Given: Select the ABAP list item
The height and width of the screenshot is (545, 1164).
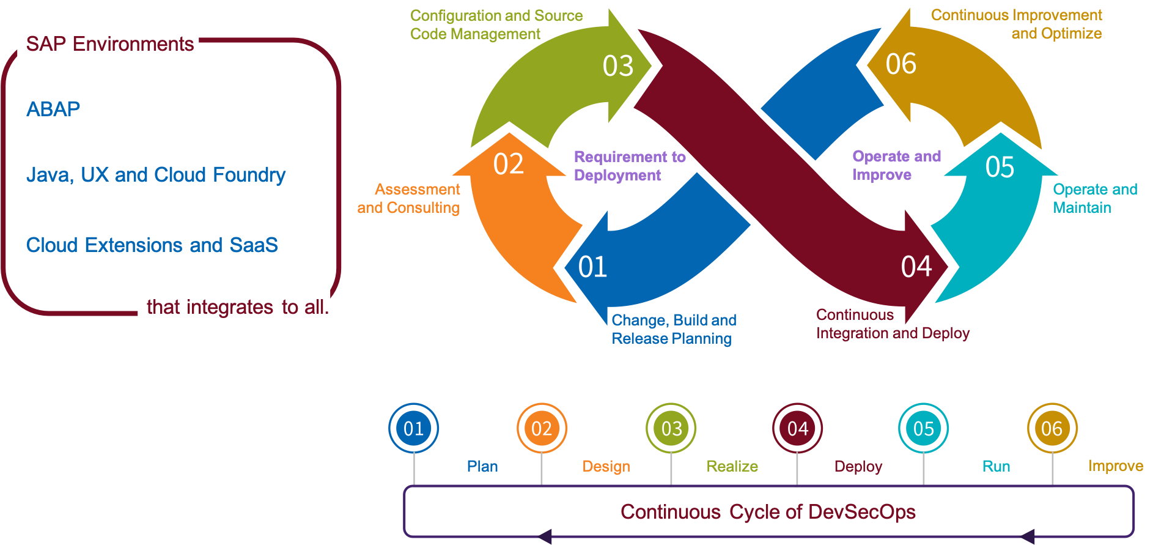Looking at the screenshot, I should tap(53, 109).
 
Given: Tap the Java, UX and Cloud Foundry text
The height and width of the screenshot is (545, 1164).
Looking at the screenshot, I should tap(155, 175).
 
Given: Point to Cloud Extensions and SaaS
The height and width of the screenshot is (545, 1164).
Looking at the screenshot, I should tap(152, 245).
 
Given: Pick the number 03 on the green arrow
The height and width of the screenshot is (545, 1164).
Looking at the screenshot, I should tap(617, 66).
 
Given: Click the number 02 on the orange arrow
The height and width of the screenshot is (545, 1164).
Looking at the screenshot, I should tap(508, 164).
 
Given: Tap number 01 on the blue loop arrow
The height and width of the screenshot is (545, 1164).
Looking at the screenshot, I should tap(592, 267).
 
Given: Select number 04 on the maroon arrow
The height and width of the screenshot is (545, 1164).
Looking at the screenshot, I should tap(916, 267).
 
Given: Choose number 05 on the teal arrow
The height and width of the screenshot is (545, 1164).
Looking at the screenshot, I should tap(1000, 167).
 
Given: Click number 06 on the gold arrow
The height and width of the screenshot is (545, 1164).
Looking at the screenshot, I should tap(901, 64).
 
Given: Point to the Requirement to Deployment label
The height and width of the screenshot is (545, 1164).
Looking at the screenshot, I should tap(629, 166).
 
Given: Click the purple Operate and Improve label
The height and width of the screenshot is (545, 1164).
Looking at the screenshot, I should tap(896, 165).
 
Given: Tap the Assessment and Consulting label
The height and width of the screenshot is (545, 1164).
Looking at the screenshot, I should tap(410, 198).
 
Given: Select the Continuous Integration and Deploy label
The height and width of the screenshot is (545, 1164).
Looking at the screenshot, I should tap(892, 324).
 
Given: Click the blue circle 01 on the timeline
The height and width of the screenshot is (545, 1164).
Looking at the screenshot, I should tap(413, 428).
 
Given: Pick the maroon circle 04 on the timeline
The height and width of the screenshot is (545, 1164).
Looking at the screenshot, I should tap(797, 428).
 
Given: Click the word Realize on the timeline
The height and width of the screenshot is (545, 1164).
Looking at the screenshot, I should tap(732, 467).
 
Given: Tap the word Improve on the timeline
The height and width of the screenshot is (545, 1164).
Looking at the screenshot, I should tap(1115, 466).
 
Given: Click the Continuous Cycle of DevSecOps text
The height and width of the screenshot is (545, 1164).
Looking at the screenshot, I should tap(768, 512).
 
